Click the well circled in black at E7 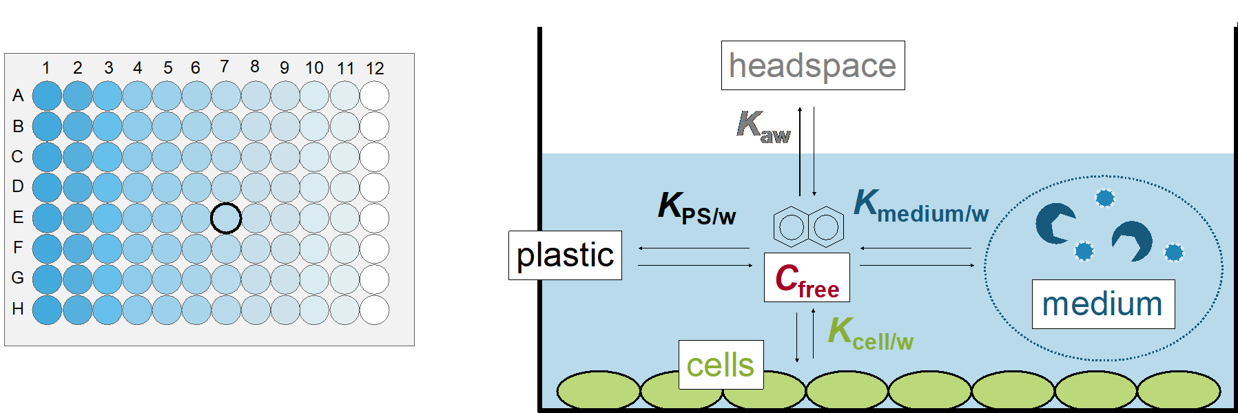pyautogui.click(x=226, y=218)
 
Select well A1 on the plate pyautogui.click(x=47, y=96)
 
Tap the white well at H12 pyautogui.click(x=374, y=310)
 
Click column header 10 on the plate pyautogui.click(x=314, y=68)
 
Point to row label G pyautogui.click(x=18, y=278)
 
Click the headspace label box pyautogui.click(x=812, y=66)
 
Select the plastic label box pyautogui.click(x=565, y=255)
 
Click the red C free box pyautogui.click(x=807, y=278)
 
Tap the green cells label pyautogui.click(x=721, y=365)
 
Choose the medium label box pyautogui.click(x=1102, y=304)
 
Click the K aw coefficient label pyautogui.click(x=763, y=127)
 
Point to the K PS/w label pyautogui.click(x=697, y=207)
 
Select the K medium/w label pyautogui.click(x=921, y=205)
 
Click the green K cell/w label pyautogui.click(x=870, y=334)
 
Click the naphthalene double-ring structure pyautogui.click(x=808, y=226)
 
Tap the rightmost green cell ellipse pyautogui.click(x=1179, y=390)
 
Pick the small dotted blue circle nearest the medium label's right pyautogui.click(x=1174, y=252)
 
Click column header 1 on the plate pyautogui.click(x=46, y=68)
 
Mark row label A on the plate pyautogui.click(x=18, y=96)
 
